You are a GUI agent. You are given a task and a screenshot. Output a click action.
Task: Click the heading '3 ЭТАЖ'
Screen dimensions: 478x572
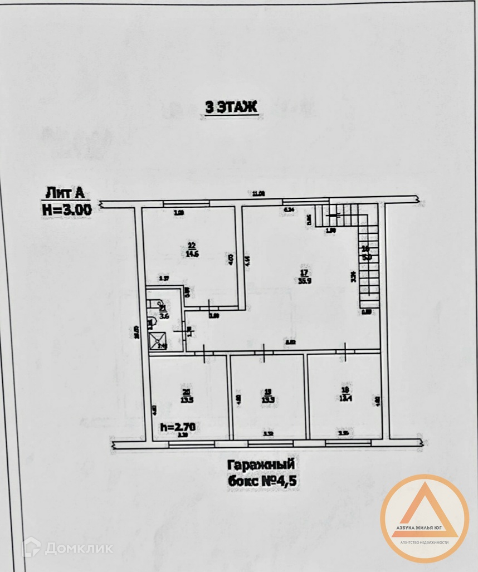pyautogui.click(x=231, y=107)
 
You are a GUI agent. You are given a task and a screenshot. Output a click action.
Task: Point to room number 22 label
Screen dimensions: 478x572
pyautogui.click(x=192, y=245)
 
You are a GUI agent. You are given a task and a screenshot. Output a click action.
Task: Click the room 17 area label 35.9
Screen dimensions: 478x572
pyautogui.click(x=304, y=281)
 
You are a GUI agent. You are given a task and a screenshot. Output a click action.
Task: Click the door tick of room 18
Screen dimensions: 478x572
pyautogui.click(x=345, y=351)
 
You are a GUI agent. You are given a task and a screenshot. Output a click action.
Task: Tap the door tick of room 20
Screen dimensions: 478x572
pyautogui.click(x=204, y=352)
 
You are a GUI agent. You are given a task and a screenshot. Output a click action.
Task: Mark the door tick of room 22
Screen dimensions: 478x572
pyautogui.click(x=210, y=306)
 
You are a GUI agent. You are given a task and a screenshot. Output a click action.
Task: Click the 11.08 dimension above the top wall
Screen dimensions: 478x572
pyautogui.click(x=258, y=193)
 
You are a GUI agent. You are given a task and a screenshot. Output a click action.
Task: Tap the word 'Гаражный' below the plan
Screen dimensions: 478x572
pyautogui.click(x=260, y=464)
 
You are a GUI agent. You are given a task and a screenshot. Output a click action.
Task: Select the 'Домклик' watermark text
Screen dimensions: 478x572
pyautogui.click(x=78, y=548)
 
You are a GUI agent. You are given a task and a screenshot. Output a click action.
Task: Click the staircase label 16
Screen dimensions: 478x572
pyautogui.click(x=366, y=249)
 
